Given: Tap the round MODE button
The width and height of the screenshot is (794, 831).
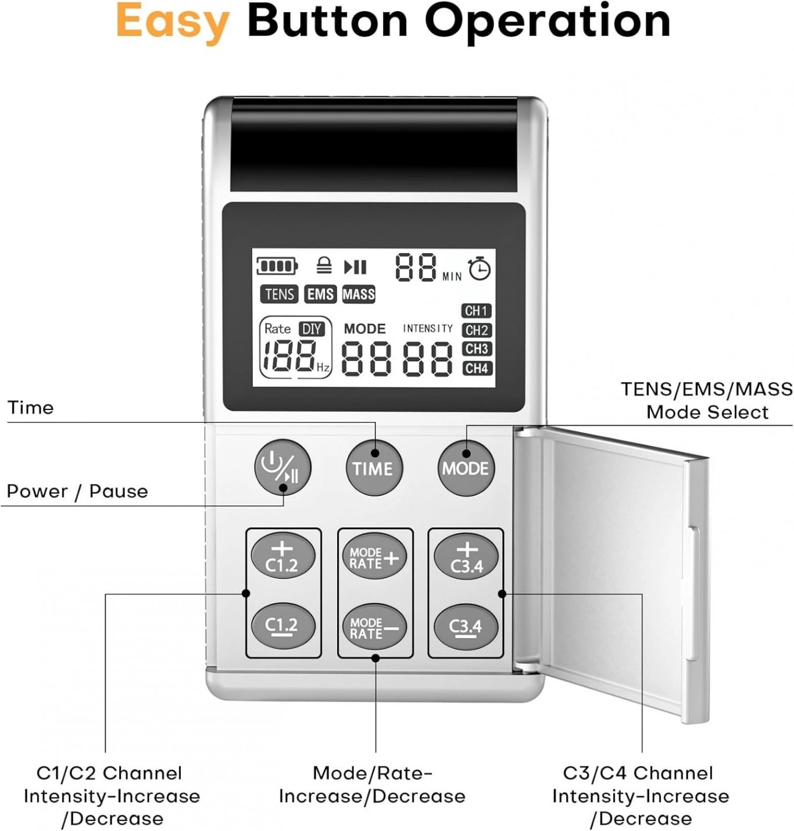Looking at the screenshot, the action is click(466, 468).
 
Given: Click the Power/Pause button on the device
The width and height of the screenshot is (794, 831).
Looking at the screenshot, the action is click(282, 468).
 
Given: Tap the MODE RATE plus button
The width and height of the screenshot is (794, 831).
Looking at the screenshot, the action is click(374, 557).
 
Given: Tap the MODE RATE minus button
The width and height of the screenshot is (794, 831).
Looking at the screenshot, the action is click(374, 627).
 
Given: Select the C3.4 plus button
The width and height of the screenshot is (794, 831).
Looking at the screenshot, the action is click(466, 557).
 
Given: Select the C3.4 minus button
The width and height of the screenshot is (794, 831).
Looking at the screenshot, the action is click(466, 627).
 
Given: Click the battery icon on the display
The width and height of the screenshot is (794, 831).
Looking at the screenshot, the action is click(277, 267).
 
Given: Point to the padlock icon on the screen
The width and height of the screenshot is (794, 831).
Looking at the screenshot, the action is click(324, 265).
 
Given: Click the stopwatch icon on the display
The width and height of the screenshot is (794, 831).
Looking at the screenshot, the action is click(480, 268).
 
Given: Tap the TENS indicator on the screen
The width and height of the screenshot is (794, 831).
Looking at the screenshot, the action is click(280, 294).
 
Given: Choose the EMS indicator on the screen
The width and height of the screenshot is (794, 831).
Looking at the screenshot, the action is click(320, 294).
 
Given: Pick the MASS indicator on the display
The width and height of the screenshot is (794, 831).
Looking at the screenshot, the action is click(359, 294).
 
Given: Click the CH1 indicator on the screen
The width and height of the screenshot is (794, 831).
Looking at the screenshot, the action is click(477, 311).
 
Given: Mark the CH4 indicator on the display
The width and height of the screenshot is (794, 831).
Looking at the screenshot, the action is click(477, 369).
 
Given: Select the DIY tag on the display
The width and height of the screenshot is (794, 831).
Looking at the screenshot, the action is click(312, 329).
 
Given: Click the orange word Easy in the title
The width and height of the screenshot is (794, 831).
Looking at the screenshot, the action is click(173, 21).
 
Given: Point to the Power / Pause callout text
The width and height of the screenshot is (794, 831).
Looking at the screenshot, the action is click(77, 492).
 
